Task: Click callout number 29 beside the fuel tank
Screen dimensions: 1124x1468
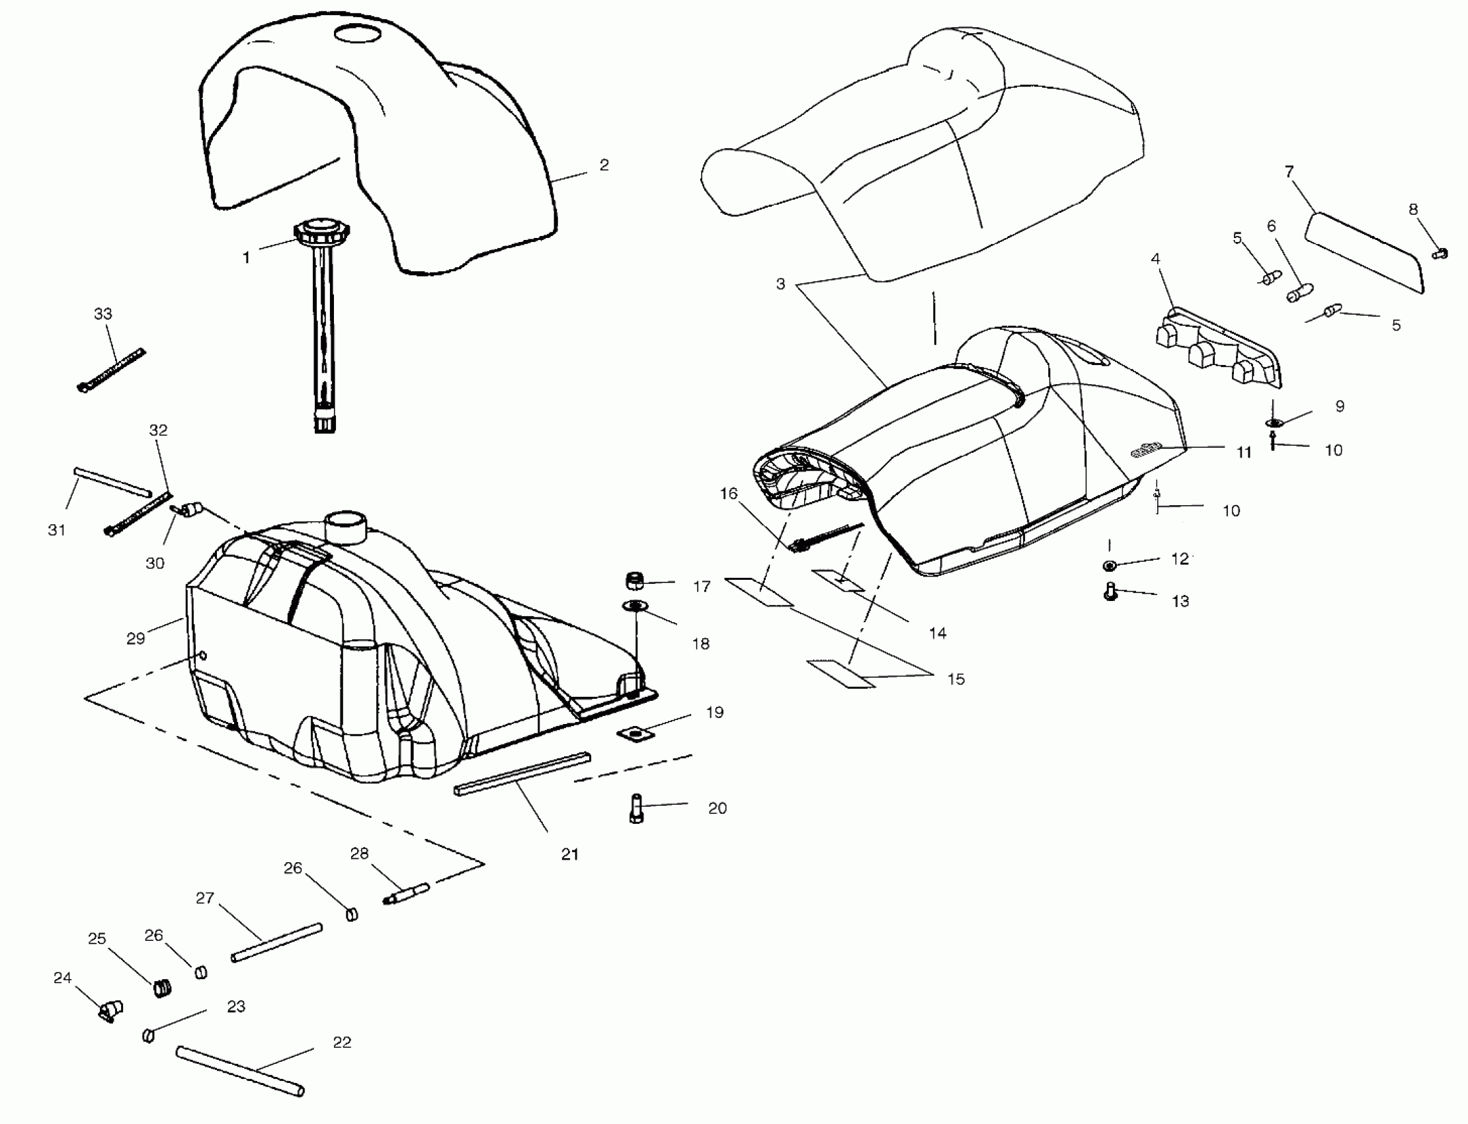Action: point(135,638)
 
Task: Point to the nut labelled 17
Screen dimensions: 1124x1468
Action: point(634,581)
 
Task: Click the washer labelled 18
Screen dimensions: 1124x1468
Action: point(635,606)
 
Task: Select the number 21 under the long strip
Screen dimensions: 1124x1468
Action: point(569,854)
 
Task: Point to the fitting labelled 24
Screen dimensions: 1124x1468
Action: point(110,1012)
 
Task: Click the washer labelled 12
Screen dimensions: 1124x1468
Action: point(1109,566)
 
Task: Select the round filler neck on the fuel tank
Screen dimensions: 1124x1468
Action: point(346,527)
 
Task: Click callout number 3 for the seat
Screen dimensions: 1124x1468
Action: point(780,284)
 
